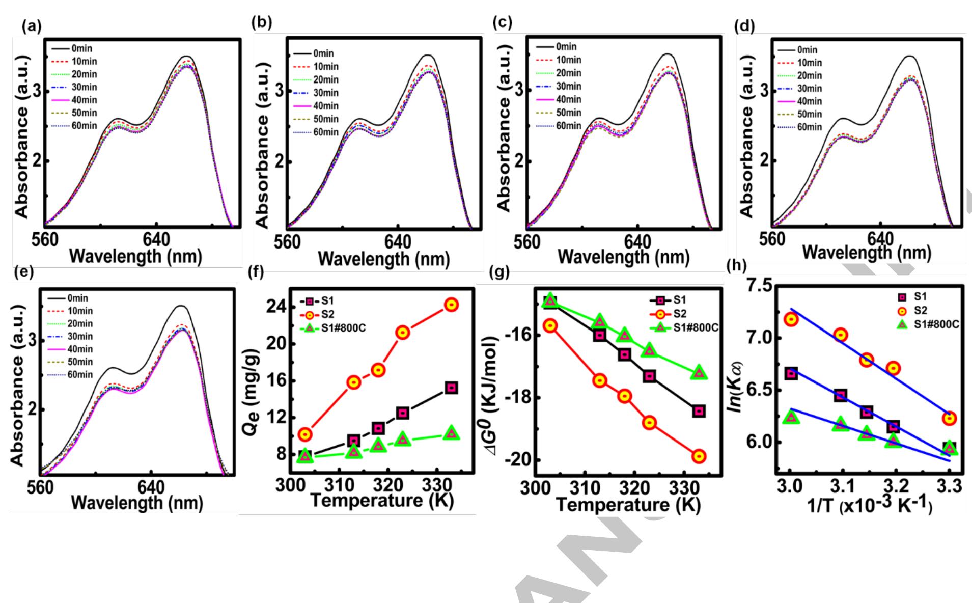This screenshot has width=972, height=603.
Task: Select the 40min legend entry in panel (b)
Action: (316, 106)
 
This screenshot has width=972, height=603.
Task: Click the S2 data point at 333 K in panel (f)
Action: (451, 305)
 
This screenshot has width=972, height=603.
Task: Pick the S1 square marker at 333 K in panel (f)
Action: (451, 388)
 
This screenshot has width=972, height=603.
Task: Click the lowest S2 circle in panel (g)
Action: (699, 456)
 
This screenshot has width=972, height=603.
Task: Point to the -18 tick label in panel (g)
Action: (517, 398)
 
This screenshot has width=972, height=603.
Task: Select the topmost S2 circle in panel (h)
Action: (791, 319)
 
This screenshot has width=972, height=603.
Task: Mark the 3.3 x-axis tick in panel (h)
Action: (950, 487)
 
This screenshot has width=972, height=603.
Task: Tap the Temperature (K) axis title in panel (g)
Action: (628, 505)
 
